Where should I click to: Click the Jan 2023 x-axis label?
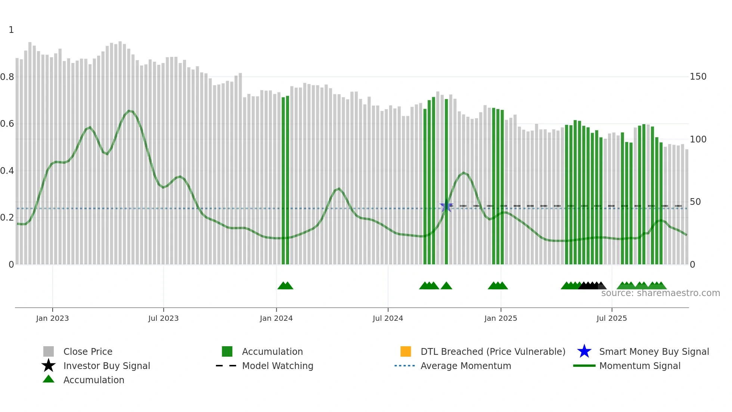[52, 318]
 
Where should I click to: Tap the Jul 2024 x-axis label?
[388, 318]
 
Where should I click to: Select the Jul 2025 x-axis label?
[611, 318]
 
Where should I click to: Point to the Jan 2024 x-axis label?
[276, 318]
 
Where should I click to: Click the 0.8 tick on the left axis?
[7, 77]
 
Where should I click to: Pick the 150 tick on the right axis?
[698, 77]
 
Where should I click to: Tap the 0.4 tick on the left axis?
[7, 171]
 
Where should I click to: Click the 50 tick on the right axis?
[695, 202]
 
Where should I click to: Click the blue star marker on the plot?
[446, 206]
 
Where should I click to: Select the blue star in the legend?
[584, 351]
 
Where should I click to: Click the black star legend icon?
[49, 366]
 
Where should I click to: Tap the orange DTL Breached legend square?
[406, 351]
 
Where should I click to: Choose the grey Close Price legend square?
[49, 351]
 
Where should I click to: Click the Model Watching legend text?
[277, 366]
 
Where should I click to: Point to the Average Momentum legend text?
[466, 366]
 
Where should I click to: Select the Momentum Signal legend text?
[640, 366]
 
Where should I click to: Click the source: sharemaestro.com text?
[660, 293]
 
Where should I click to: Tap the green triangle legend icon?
[49, 379]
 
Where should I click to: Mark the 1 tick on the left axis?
[11, 30]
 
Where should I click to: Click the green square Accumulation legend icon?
[227, 351]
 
